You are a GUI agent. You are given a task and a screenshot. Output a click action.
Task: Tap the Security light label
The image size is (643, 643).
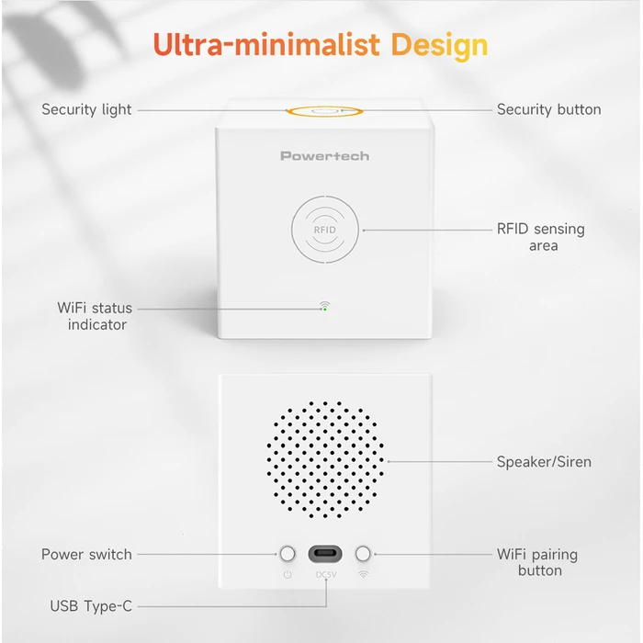[x=86, y=109]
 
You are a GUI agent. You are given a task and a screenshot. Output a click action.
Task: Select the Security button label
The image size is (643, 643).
[x=548, y=109]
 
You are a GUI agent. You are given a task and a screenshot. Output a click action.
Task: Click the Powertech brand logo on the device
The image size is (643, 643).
[x=324, y=156]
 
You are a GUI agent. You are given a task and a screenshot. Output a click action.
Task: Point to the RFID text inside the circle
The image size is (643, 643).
[x=324, y=230]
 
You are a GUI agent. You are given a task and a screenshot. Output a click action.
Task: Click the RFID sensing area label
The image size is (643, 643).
[x=541, y=237]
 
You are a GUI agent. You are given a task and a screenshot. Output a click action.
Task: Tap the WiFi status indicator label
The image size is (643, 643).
[x=95, y=316]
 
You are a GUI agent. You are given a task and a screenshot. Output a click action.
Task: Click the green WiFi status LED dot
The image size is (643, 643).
[x=324, y=310]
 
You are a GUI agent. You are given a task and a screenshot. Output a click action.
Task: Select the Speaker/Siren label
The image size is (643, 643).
[x=544, y=462]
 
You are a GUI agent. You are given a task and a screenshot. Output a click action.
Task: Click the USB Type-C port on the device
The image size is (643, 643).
[x=325, y=554]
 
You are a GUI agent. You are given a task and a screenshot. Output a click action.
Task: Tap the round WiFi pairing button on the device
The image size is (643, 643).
[x=364, y=554]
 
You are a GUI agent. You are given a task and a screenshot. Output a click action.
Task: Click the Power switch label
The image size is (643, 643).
[x=86, y=554]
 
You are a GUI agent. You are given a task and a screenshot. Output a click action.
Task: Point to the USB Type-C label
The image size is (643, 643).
[x=91, y=606]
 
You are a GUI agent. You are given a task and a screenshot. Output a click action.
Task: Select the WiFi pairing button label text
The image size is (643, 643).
[x=537, y=562]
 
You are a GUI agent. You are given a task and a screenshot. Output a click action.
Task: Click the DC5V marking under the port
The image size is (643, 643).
[x=326, y=575]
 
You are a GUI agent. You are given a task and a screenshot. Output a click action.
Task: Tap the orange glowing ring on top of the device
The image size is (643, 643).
[x=324, y=111]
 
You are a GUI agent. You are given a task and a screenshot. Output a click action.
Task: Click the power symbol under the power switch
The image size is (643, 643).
[x=288, y=575]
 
